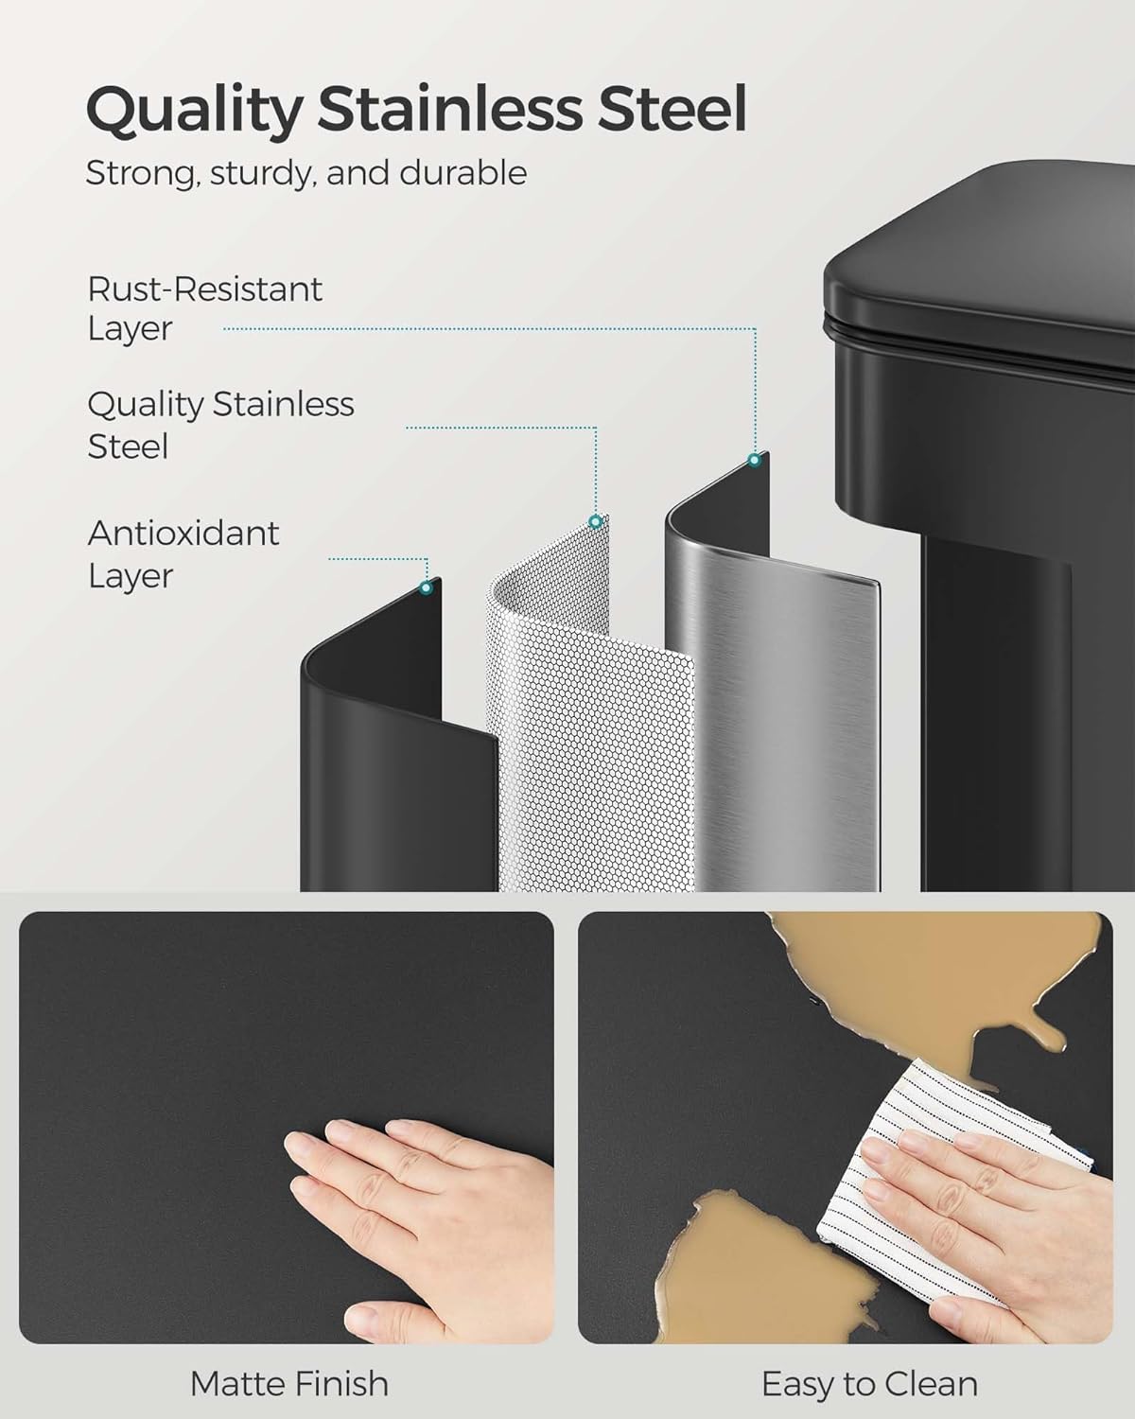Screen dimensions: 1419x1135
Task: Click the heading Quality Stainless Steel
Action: coord(416,111)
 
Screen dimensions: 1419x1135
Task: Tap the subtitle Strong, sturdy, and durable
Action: coord(306,173)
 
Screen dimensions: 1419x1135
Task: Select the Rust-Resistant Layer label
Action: coord(204,308)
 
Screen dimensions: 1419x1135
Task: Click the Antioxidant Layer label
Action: coord(183,553)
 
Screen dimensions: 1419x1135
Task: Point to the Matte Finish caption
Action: coord(289,1384)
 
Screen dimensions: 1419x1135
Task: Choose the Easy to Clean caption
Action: coord(869,1384)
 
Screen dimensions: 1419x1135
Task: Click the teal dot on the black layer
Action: coord(426,587)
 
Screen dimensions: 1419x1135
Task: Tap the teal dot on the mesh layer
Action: coord(595,521)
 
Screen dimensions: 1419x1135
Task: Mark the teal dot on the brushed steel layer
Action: coord(754,461)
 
